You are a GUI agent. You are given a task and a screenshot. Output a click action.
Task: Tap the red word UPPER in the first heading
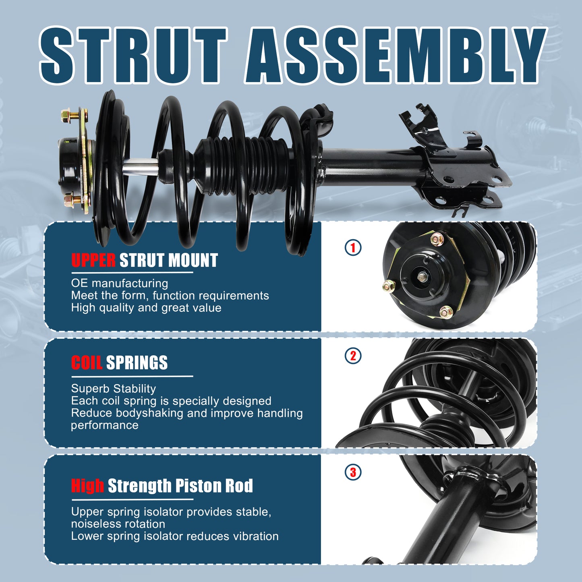coord(93,261)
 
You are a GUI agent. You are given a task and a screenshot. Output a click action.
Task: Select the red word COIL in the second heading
coord(87,363)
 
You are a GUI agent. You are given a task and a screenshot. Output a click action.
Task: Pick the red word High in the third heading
coord(87,486)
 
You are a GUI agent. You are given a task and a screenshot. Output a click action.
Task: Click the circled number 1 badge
coord(353,247)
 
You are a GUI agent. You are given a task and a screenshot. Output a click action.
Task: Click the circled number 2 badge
coord(353,356)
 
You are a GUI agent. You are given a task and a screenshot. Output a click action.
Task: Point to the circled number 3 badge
coord(353,472)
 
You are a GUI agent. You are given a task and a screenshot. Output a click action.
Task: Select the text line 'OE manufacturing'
coord(120,283)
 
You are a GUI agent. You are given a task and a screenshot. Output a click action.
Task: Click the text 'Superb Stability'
coord(113,389)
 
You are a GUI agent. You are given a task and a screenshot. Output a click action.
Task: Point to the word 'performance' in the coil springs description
coord(105,425)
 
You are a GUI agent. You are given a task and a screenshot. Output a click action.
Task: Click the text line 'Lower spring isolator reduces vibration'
coord(175,536)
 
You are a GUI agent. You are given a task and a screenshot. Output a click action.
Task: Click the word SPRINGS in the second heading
coord(137,363)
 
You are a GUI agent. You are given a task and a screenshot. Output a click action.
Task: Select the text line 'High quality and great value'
coord(146,308)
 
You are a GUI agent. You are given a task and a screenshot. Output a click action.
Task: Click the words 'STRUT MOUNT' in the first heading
coord(169,261)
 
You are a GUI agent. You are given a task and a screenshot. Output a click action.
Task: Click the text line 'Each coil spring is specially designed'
coord(171,401)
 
